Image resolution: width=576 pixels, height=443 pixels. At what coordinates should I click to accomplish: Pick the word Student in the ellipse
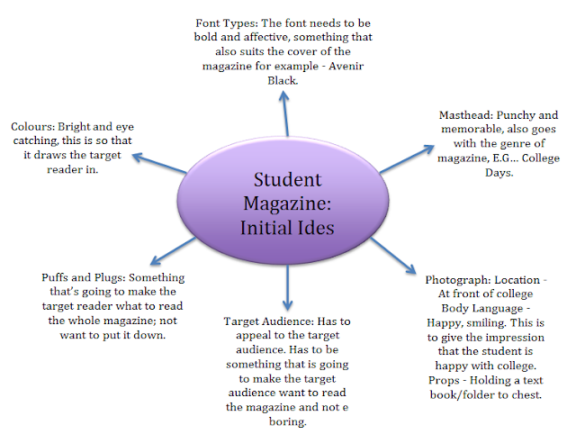(287, 179)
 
